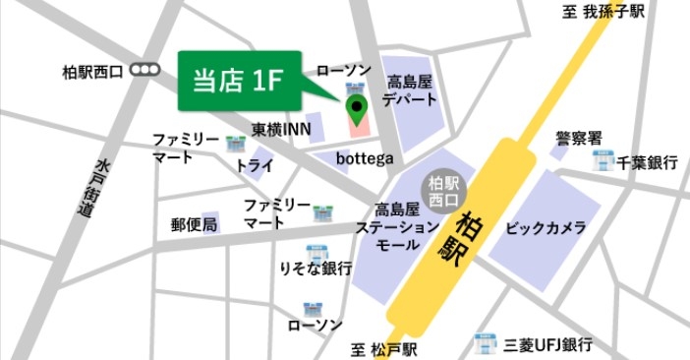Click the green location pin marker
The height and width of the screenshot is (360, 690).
[x=355, y=104]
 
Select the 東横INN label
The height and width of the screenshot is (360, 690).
[x=282, y=129]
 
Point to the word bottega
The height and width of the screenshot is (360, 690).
[x=365, y=158]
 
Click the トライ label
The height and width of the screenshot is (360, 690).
[x=254, y=166]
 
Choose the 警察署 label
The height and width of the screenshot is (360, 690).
[x=579, y=137]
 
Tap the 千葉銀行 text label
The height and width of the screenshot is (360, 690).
[x=648, y=163]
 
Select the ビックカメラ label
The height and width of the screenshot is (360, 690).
[x=546, y=228]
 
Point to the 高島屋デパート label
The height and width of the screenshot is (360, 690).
[x=410, y=91]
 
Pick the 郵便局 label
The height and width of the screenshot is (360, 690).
[x=194, y=225]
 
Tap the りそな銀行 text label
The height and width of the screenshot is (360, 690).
[x=316, y=269]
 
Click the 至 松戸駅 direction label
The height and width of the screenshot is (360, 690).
[x=384, y=349]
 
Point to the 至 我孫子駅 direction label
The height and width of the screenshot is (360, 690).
[x=604, y=12]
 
